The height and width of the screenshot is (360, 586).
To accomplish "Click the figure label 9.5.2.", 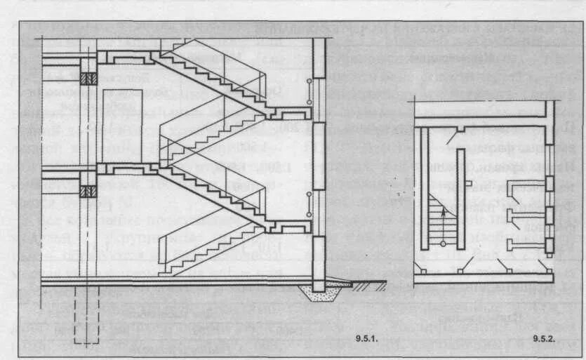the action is (x=544, y=340).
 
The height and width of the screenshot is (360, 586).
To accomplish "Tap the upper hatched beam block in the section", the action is (x=88, y=79).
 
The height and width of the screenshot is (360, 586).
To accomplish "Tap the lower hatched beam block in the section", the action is (x=88, y=190).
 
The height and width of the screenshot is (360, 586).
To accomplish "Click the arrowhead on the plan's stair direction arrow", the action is (x=443, y=205).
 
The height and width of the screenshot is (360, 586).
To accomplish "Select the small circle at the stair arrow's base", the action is (x=443, y=243).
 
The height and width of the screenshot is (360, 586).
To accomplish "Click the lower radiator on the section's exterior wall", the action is (x=309, y=204).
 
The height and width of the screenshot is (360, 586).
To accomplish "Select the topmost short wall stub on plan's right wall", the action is (x=526, y=183).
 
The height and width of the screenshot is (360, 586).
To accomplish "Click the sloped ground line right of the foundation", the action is (x=365, y=284).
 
